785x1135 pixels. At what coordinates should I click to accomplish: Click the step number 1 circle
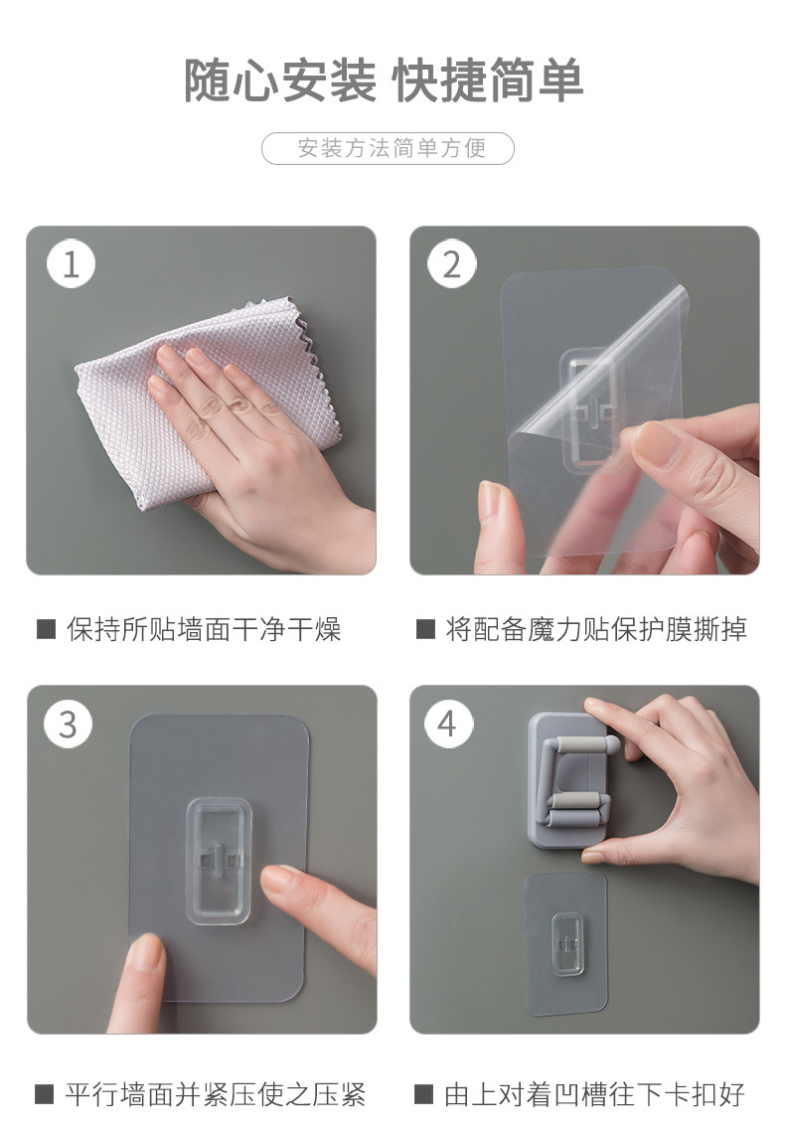pos(71,263)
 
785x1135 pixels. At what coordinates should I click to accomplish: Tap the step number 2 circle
pos(451,263)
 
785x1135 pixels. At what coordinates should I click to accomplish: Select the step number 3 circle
pos(68,724)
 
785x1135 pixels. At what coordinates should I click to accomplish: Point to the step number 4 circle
pos(448,724)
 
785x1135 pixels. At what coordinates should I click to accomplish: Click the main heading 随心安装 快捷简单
pos(384,81)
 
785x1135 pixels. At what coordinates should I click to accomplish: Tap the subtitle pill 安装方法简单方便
pos(388,148)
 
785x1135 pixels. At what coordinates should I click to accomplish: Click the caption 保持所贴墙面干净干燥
pos(204,629)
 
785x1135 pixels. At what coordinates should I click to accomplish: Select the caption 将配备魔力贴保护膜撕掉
pos(596,629)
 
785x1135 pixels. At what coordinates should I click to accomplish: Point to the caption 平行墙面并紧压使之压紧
pos(216,1093)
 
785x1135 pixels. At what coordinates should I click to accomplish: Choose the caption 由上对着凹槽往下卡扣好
pos(595,1093)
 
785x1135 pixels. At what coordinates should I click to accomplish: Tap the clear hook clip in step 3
pos(219,862)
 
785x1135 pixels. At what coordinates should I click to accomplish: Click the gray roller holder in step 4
pos(571,780)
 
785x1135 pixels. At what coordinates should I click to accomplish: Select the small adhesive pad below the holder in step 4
pos(565,943)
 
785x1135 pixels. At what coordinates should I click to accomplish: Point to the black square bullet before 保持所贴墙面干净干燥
pos(47,629)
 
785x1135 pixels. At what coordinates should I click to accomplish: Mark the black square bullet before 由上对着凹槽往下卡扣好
pos(424,1093)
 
